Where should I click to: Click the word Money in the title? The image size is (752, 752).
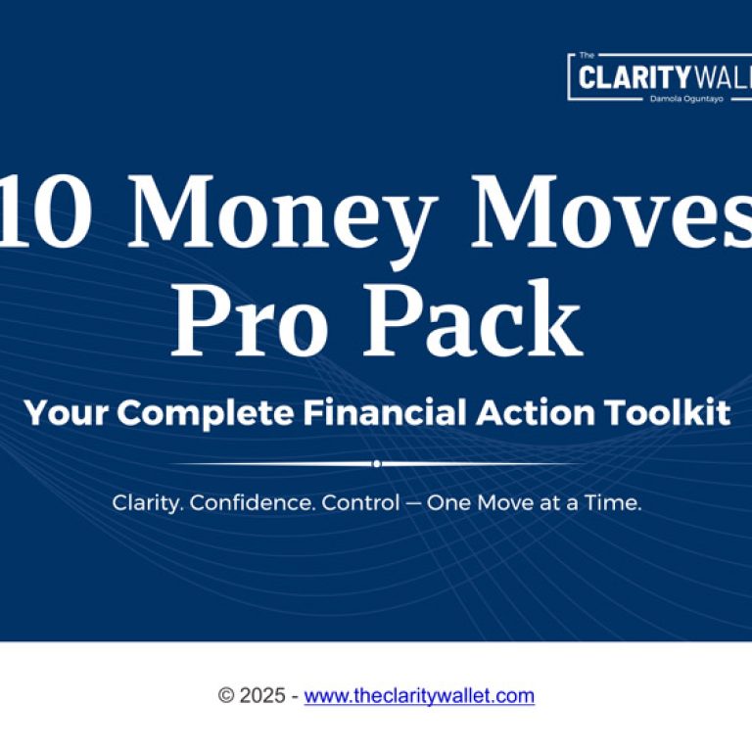point(282,218)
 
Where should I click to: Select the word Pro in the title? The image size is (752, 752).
point(251,318)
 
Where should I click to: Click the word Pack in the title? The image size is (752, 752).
point(473,318)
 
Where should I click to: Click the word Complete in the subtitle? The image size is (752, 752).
point(206,413)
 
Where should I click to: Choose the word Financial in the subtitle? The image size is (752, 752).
point(385,412)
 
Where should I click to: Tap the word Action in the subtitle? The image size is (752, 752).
point(536,412)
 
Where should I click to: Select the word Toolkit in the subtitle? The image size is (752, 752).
point(668,412)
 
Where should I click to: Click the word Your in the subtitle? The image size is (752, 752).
point(67,412)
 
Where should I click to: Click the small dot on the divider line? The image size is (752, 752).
point(377,464)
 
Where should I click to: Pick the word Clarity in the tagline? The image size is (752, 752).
point(148,503)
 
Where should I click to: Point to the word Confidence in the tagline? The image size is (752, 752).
point(253,502)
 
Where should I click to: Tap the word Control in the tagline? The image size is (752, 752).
point(360,502)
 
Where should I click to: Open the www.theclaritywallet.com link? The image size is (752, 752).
point(419,695)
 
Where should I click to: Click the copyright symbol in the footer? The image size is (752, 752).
point(226,695)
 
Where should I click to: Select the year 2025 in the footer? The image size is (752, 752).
point(262,695)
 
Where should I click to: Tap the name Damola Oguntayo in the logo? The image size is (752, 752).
point(686,99)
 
